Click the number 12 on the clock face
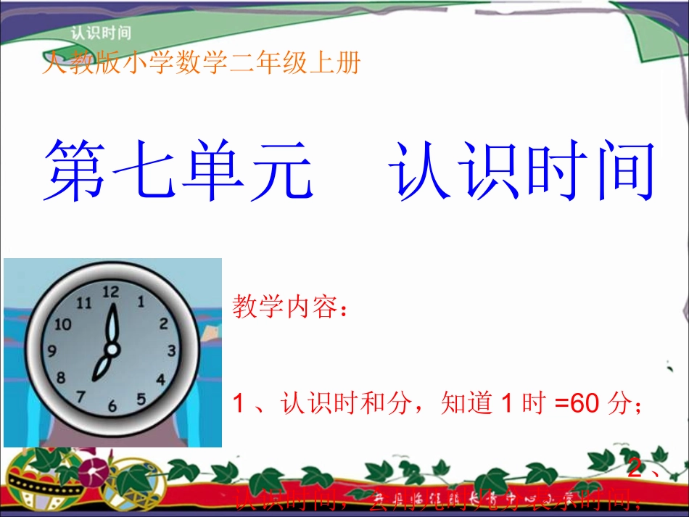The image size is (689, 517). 110,291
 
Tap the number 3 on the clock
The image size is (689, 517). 172,351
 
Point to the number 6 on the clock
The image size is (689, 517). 112,407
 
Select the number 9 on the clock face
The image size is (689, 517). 51,352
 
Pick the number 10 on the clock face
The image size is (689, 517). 63,323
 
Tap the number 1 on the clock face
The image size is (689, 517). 141,300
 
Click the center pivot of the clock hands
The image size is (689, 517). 111,350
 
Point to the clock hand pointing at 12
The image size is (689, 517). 112,323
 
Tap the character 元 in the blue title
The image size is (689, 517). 281,173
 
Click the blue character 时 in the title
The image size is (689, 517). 551,173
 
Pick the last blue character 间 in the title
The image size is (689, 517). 621,173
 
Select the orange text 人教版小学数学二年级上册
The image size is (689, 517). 202,65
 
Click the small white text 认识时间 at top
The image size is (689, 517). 101,33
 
